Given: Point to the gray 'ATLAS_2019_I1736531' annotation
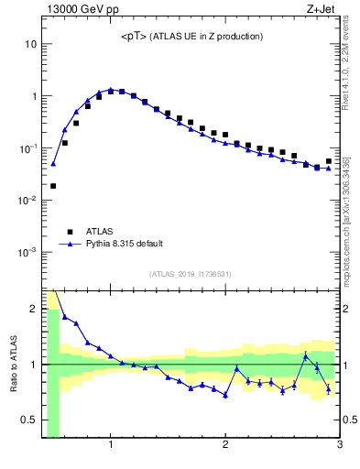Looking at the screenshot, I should pos(190,274).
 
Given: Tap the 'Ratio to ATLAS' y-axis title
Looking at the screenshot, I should pos(14,364).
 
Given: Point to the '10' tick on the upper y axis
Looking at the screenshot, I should pos(30,44).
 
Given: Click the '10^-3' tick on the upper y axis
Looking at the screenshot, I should pos(27,252).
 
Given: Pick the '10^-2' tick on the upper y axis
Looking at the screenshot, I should pos(27,200).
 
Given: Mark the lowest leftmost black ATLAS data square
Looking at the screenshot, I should pos(53,186).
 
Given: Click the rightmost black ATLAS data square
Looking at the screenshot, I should pos(328,161).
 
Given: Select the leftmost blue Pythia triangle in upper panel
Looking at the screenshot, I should pos(53,164).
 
